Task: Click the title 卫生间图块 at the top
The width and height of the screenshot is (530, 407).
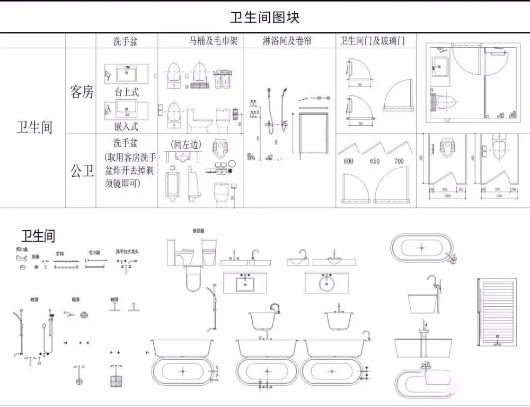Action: coord(264,17)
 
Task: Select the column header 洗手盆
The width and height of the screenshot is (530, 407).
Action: coord(126,41)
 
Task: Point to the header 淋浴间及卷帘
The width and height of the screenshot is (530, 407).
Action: coord(287,41)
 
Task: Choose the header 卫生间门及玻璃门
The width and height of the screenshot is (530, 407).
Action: coord(373,41)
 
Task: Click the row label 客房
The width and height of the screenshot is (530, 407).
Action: coord(82,92)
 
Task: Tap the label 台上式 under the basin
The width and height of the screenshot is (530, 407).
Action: coord(127,92)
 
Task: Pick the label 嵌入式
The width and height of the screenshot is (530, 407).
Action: coord(127,126)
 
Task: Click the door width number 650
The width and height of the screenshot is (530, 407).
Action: coord(375,161)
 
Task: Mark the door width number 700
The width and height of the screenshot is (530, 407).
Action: coord(399,161)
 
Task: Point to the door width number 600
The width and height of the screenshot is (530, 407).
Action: coord(348,161)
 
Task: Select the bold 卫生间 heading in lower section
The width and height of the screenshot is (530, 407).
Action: coord(38,236)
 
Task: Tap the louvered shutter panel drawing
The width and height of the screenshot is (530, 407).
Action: coord(497,312)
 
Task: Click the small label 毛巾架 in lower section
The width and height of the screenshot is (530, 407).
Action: coord(94,253)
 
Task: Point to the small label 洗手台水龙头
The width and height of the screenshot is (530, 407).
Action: coord(127,252)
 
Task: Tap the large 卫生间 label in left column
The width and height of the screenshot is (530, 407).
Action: coord(35,127)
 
